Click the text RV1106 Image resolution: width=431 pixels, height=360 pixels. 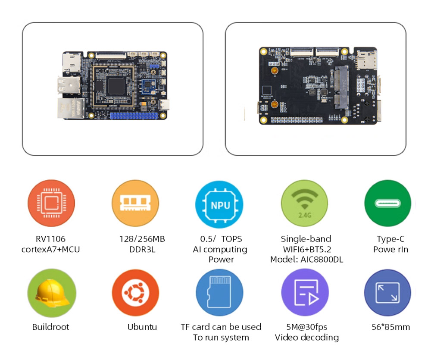click(x=50, y=239)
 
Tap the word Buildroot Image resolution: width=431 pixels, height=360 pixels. click(x=50, y=327)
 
